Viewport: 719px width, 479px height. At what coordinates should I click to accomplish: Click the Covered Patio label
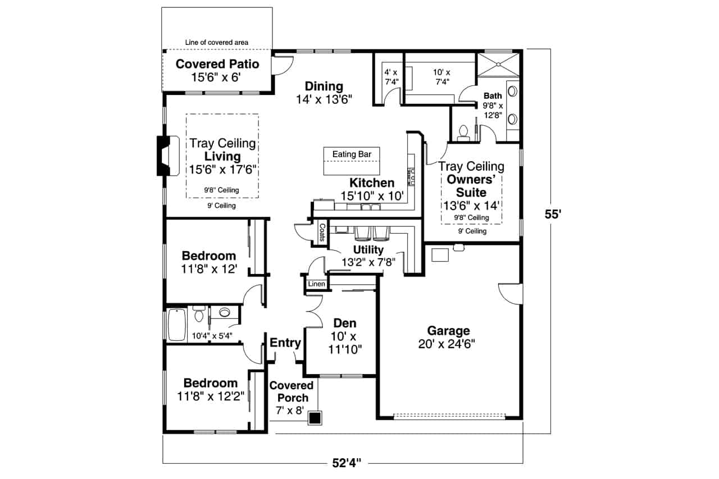217,64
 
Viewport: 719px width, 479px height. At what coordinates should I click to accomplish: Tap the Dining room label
324,86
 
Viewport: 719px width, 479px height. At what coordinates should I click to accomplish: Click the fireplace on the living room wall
163,156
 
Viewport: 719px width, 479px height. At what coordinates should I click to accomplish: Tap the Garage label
448,331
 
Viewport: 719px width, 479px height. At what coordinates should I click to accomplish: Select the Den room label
344,323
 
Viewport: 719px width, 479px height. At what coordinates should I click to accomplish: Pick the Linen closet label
316,285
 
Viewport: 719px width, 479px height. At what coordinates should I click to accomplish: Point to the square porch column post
315,418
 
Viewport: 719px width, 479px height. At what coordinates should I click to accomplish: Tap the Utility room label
368,249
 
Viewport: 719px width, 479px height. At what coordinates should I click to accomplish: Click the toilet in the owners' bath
463,133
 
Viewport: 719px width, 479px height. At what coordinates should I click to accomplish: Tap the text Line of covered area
217,42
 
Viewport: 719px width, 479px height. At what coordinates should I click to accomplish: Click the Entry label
285,343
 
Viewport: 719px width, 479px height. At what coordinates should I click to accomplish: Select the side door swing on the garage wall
510,292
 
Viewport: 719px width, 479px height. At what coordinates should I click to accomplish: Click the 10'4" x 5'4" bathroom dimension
212,336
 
